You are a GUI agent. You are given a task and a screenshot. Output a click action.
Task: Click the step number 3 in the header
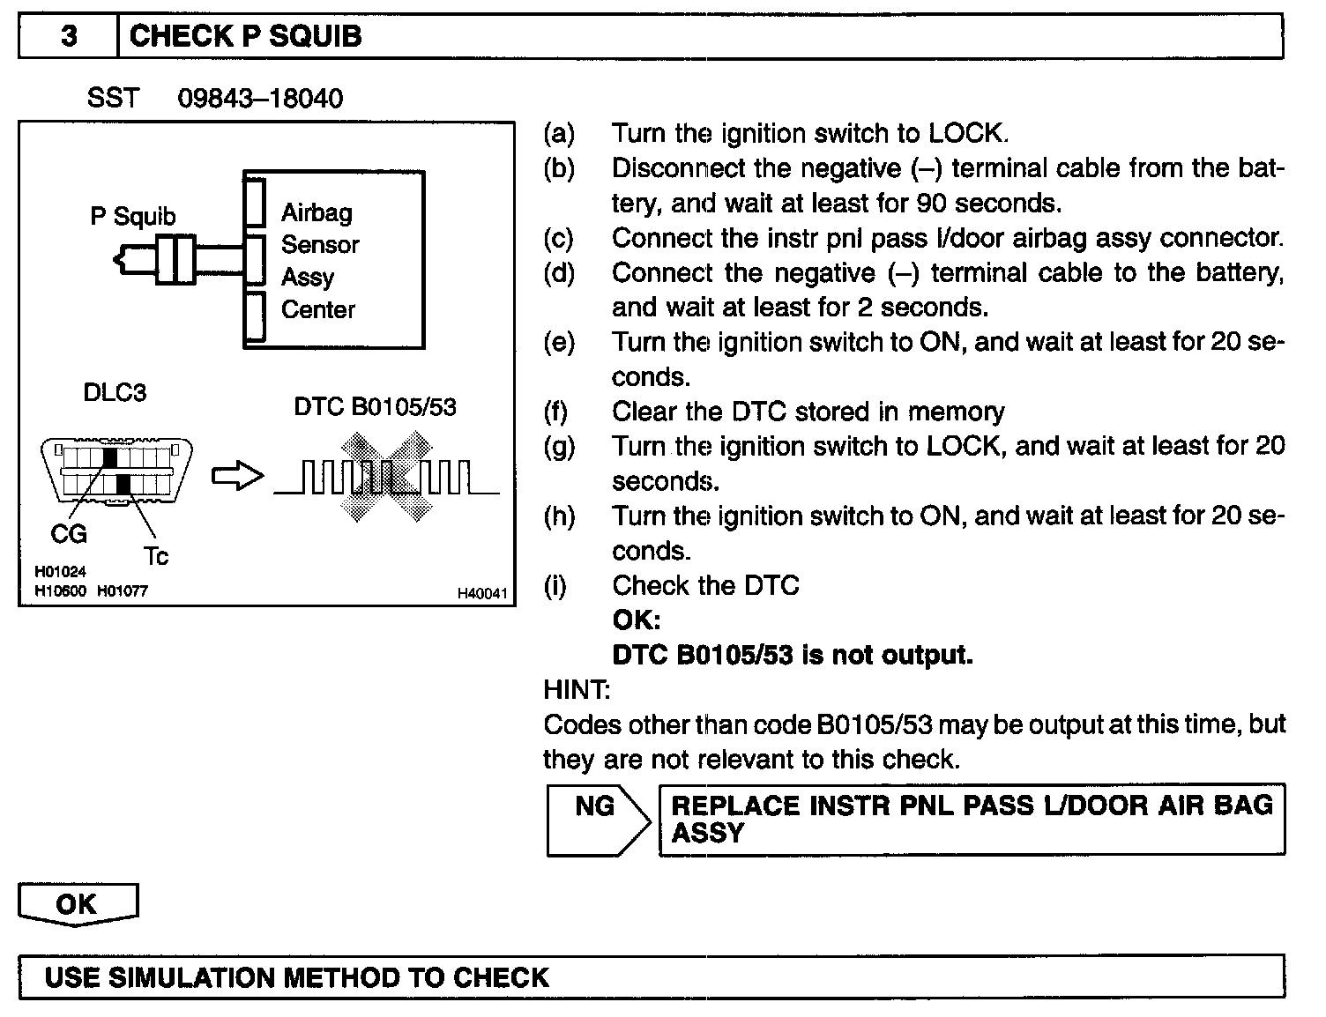(68, 37)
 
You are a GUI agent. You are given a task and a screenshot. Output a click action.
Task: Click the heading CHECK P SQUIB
(245, 37)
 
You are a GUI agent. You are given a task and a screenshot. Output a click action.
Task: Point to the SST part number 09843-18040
(260, 98)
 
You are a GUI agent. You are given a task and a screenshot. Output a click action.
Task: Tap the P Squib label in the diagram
(132, 217)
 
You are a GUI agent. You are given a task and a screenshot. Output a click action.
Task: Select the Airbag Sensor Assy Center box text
(319, 261)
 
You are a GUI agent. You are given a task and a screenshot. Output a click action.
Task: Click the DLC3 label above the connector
(115, 393)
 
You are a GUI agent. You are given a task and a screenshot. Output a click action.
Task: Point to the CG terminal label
(69, 534)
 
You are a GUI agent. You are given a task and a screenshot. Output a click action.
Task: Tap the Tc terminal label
(155, 556)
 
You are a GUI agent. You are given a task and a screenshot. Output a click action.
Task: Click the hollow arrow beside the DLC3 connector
(237, 477)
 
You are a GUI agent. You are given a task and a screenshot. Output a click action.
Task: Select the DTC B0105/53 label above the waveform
(375, 407)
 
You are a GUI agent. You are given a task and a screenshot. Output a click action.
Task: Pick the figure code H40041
(482, 594)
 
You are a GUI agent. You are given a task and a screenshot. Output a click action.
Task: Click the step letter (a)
(559, 134)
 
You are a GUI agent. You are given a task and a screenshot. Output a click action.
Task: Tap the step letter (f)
(556, 412)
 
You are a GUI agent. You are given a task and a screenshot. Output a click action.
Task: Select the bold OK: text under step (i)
(636, 620)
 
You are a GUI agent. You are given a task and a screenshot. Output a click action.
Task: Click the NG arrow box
(597, 820)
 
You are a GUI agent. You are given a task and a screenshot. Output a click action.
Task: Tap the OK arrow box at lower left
(78, 905)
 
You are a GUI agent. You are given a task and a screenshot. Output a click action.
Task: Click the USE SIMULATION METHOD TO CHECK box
(651, 977)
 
